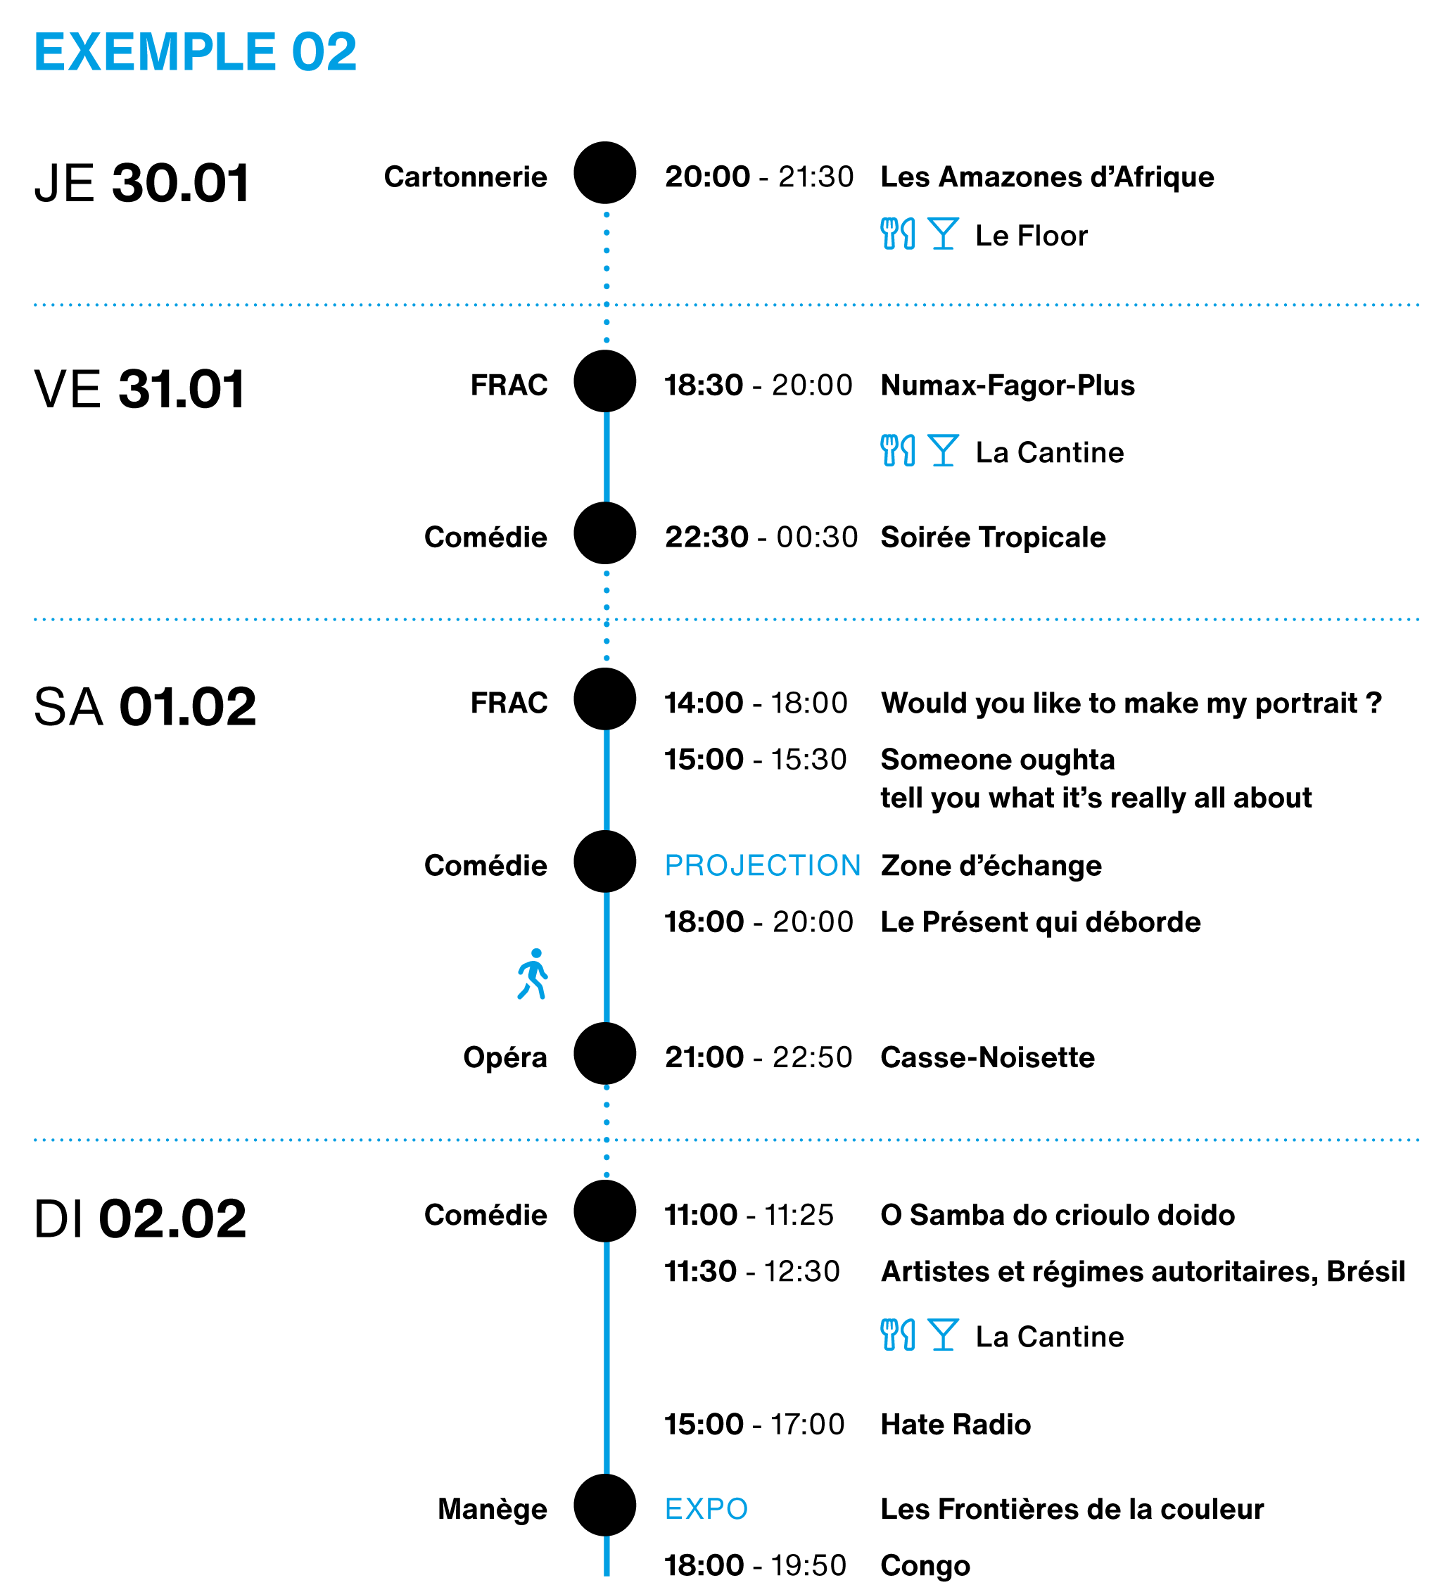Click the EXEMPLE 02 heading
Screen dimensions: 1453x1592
coord(195,52)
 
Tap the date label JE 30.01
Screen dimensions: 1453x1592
coord(142,183)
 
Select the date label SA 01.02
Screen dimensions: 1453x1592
coord(145,706)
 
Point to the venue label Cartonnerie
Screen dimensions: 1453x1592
coord(465,177)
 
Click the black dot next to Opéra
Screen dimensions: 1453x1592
coord(605,1053)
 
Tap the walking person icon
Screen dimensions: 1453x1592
coord(533,974)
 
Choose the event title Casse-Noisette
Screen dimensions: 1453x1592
coord(988,1057)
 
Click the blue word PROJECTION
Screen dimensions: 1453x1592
coord(763,865)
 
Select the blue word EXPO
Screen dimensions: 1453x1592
coord(706,1508)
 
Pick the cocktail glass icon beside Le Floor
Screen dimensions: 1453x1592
coord(943,234)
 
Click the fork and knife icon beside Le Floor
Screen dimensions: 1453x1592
coord(898,234)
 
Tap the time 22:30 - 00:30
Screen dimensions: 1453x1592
coord(761,537)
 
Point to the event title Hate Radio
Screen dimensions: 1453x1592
coord(956,1425)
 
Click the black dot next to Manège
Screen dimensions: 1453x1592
coord(605,1505)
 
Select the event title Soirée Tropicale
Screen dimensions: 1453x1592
coord(994,537)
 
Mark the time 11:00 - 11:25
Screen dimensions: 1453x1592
coord(749,1214)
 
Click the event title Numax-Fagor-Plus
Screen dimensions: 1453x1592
coord(1008,386)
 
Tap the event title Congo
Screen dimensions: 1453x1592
coord(925,1566)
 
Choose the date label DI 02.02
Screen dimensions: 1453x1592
coord(140,1218)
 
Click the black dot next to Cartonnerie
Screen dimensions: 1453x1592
coord(605,173)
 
